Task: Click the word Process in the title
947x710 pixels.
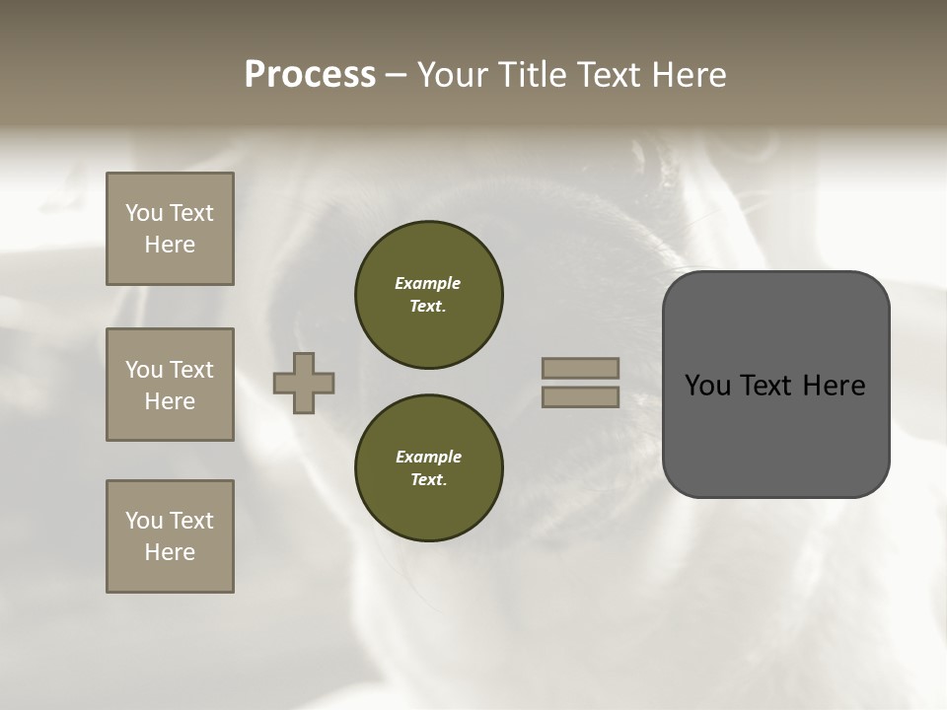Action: (310, 75)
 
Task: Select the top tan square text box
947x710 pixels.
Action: (170, 229)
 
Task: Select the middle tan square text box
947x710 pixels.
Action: (170, 385)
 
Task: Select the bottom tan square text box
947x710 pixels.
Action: (170, 536)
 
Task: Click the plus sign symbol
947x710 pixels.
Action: (304, 383)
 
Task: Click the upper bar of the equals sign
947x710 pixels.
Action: (580, 369)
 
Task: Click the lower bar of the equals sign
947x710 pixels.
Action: (580, 396)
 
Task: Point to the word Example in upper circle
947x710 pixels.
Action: (427, 283)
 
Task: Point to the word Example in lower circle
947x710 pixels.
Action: (427, 457)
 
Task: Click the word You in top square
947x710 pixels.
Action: (144, 213)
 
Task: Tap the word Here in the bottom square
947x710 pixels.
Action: (170, 552)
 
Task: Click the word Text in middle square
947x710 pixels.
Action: (190, 370)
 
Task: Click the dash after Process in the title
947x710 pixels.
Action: (396, 76)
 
